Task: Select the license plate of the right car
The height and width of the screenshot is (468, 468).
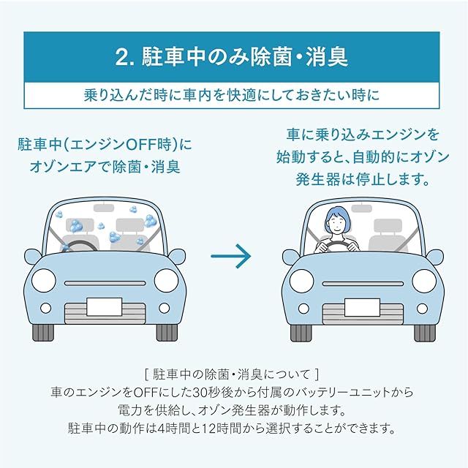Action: click(x=362, y=306)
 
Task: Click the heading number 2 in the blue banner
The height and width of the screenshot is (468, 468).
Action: click(x=122, y=56)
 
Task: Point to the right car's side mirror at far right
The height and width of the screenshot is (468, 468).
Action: click(x=434, y=257)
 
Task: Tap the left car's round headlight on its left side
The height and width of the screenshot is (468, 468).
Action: click(x=45, y=280)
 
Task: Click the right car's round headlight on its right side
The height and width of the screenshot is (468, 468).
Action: click(x=423, y=280)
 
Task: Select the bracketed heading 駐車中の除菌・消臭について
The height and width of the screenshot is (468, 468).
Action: click(x=233, y=375)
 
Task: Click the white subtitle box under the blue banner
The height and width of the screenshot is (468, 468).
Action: click(x=234, y=94)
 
